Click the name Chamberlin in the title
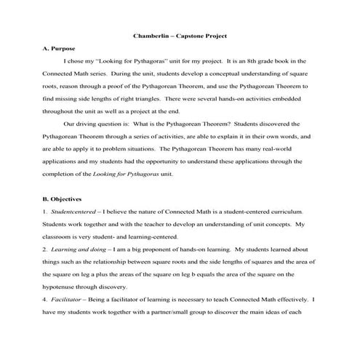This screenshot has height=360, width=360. tap(150, 35)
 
